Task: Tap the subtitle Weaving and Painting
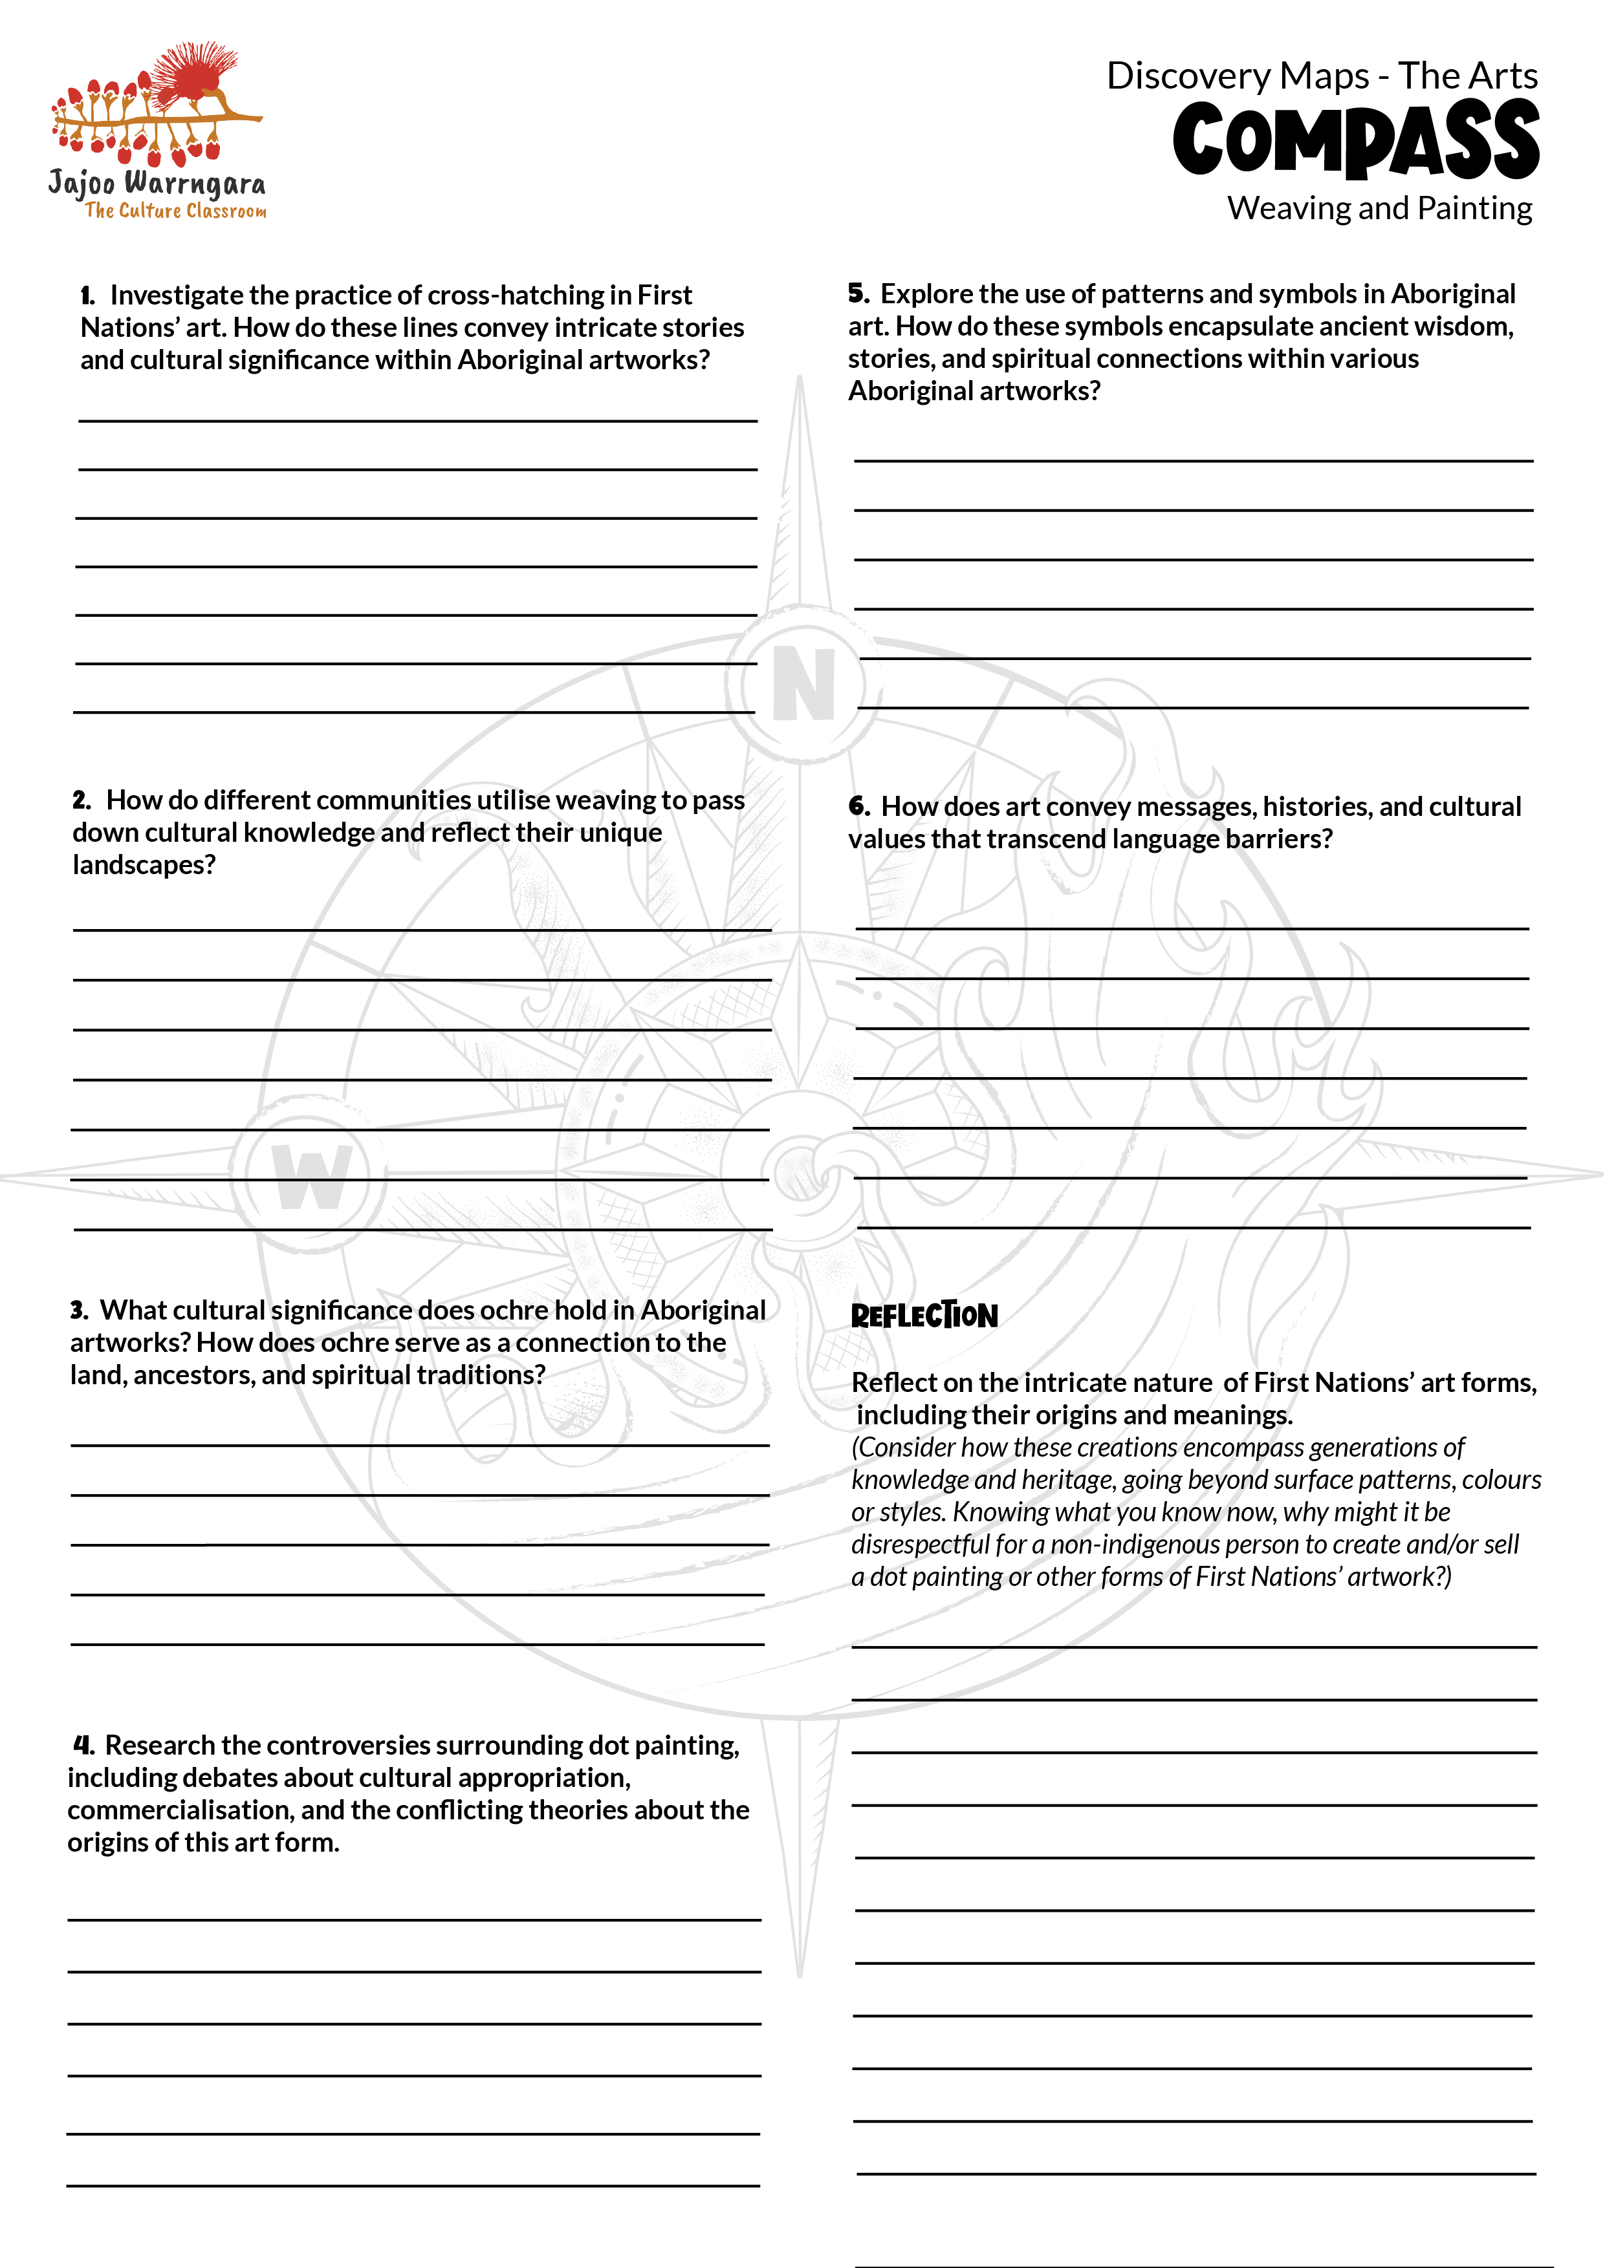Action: click(x=1380, y=208)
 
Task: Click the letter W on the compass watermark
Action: click(x=311, y=1177)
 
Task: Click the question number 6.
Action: click(x=859, y=807)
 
